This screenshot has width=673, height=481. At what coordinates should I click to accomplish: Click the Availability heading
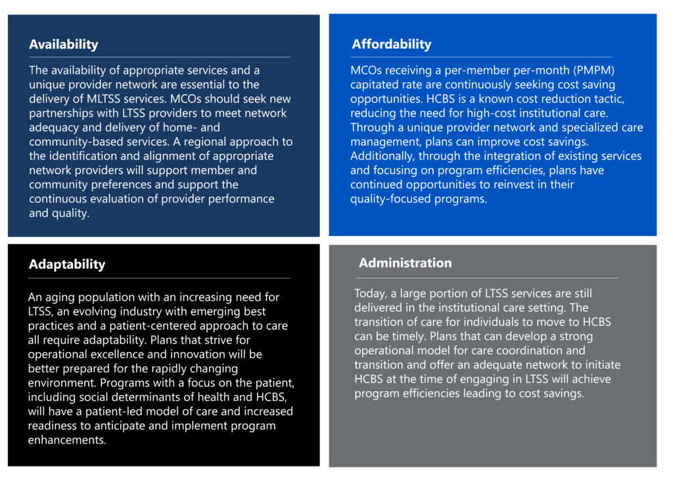(63, 45)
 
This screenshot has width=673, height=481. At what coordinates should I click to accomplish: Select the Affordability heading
(391, 44)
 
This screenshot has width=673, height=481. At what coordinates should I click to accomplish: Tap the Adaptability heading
(66, 264)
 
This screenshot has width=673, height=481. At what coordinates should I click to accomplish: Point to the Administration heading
(405, 263)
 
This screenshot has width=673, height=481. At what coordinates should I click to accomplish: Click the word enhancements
(66, 440)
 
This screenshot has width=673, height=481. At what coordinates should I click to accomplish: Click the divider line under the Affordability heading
(481, 57)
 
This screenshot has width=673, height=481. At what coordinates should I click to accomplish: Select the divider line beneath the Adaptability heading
(159, 278)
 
